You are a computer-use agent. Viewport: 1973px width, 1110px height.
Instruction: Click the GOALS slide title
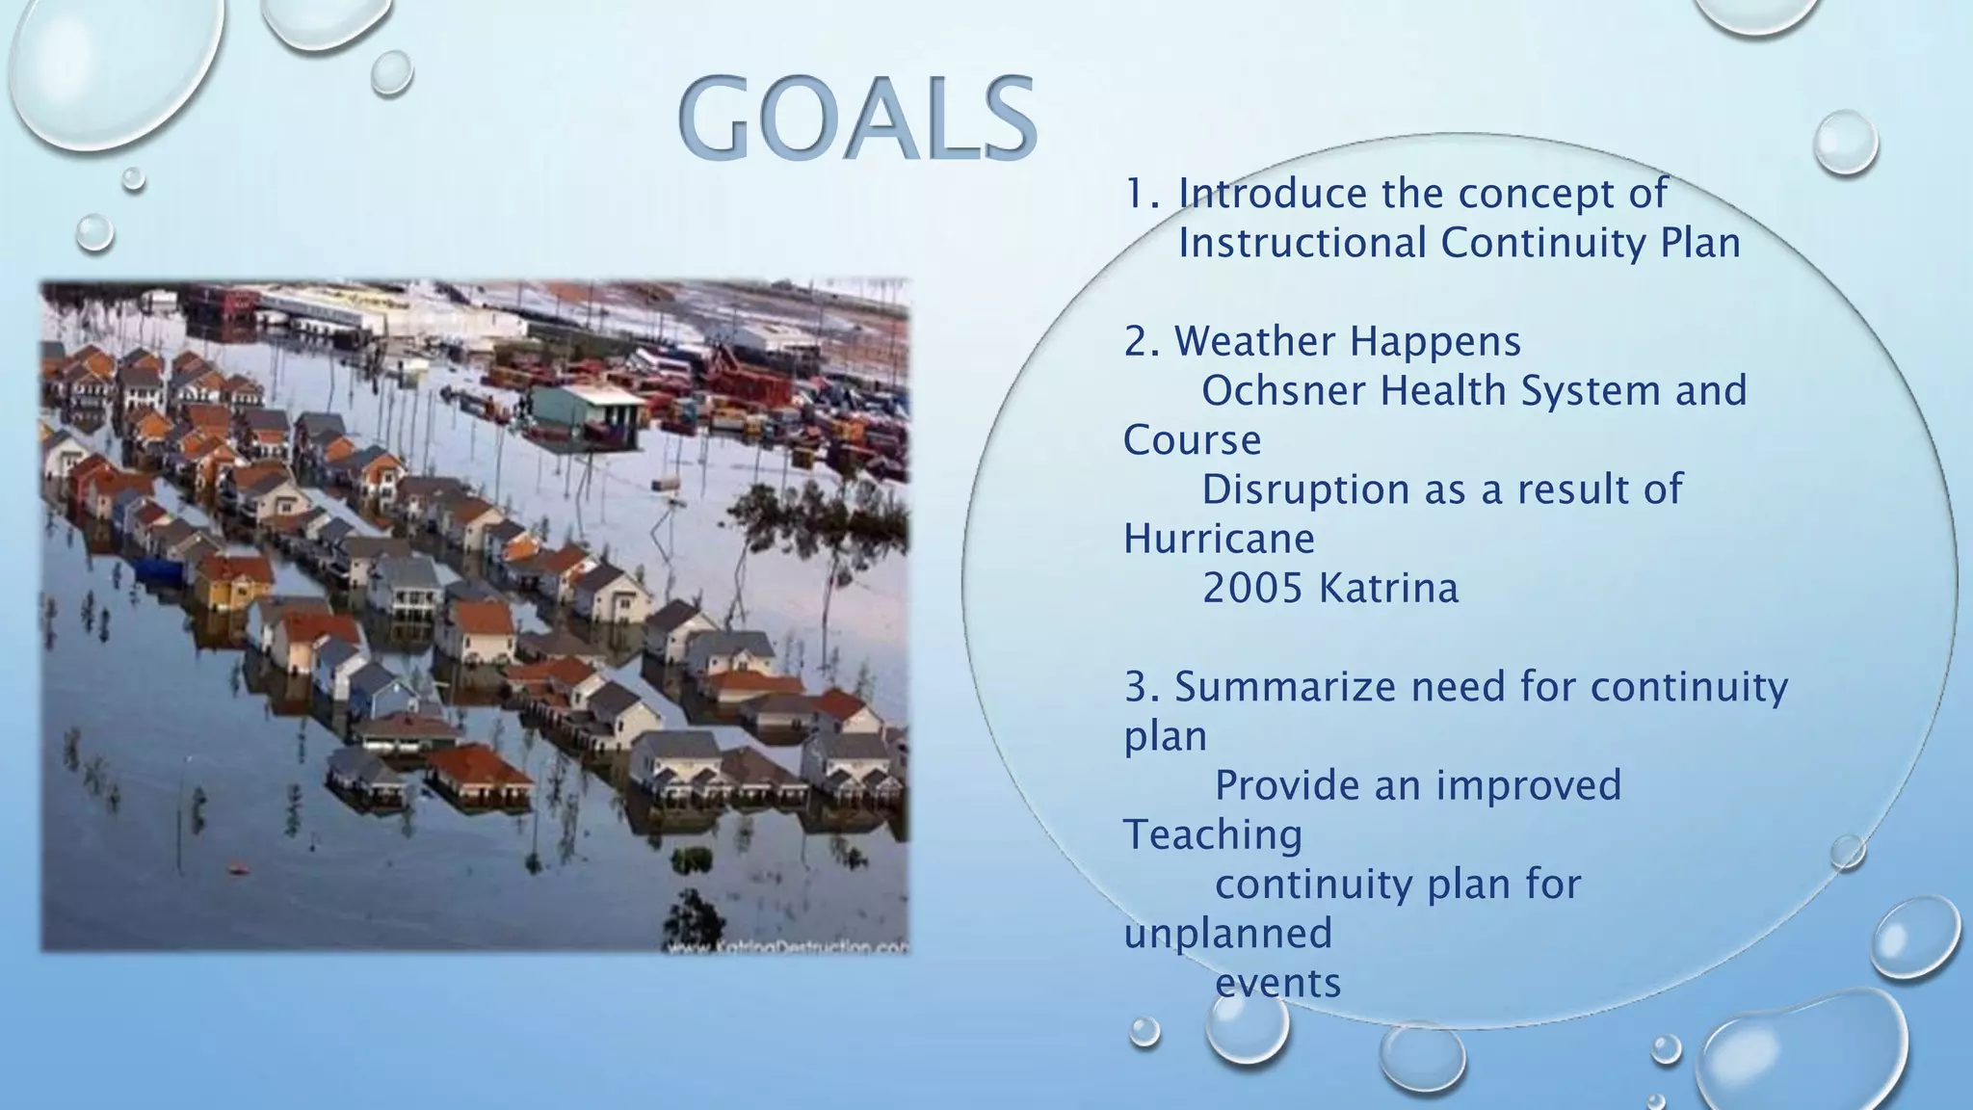click(x=856, y=119)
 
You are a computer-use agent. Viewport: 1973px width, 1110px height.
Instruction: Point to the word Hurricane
click(x=1219, y=539)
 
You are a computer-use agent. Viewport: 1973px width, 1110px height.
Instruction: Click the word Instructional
click(x=1302, y=243)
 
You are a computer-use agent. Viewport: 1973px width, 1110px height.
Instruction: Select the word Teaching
click(x=1213, y=835)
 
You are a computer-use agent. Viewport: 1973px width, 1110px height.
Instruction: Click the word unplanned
click(x=1228, y=934)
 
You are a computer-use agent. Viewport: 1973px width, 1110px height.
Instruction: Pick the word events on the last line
click(x=1277, y=984)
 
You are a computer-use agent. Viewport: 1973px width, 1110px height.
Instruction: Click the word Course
click(x=1192, y=440)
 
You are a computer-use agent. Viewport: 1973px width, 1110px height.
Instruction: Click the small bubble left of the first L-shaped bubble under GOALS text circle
click(x=1144, y=1031)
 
